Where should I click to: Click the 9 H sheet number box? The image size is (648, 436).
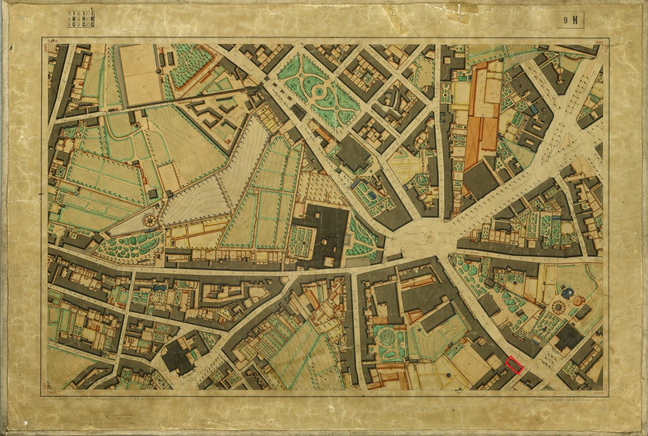point(570,21)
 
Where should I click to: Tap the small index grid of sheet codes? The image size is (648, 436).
point(80,18)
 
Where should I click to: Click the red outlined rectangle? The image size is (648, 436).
point(514,365)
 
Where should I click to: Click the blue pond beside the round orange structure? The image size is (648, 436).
point(569,292)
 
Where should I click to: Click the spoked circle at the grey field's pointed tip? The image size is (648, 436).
point(150,221)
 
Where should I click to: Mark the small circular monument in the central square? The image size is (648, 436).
point(430,236)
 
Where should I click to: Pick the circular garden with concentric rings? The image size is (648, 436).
point(390,336)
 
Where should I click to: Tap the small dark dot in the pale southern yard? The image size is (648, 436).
point(449,375)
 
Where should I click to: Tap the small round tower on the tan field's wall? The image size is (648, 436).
point(158,71)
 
